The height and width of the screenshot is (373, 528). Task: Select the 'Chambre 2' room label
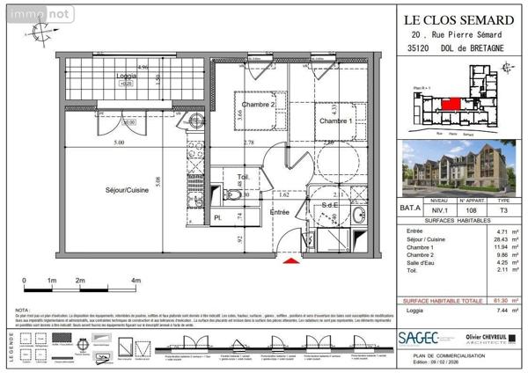(259, 105)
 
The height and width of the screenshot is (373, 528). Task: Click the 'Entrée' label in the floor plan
(279, 212)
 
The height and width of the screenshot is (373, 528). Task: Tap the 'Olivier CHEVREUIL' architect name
(485, 335)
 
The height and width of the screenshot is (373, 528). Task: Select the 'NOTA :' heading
(24, 311)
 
